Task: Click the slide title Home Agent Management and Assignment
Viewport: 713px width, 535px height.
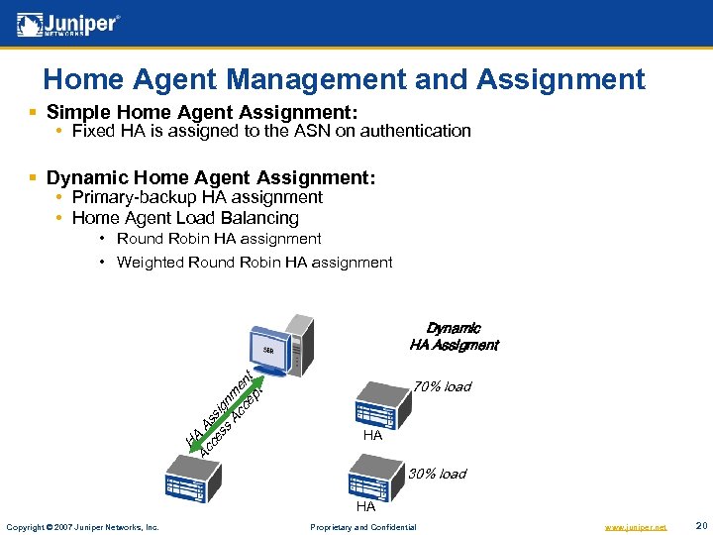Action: [x=344, y=78]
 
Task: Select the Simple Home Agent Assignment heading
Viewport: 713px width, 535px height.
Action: [x=202, y=112]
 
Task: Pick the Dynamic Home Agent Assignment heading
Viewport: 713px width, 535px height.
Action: [x=211, y=178]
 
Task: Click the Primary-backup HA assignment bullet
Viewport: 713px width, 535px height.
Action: [x=197, y=197]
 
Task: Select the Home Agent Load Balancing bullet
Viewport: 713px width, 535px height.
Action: [x=185, y=218]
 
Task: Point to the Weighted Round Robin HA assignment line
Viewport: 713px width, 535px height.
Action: [x=255, y=263]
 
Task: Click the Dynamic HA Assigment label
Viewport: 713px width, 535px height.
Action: [x=454, y=337]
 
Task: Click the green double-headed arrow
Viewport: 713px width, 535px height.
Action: [x=214, y=417]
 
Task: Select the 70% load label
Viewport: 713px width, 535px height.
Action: [x=442, y=386]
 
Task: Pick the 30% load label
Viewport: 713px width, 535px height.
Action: [x=437, y=474]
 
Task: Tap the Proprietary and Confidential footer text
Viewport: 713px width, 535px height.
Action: [x=363, y=527]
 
